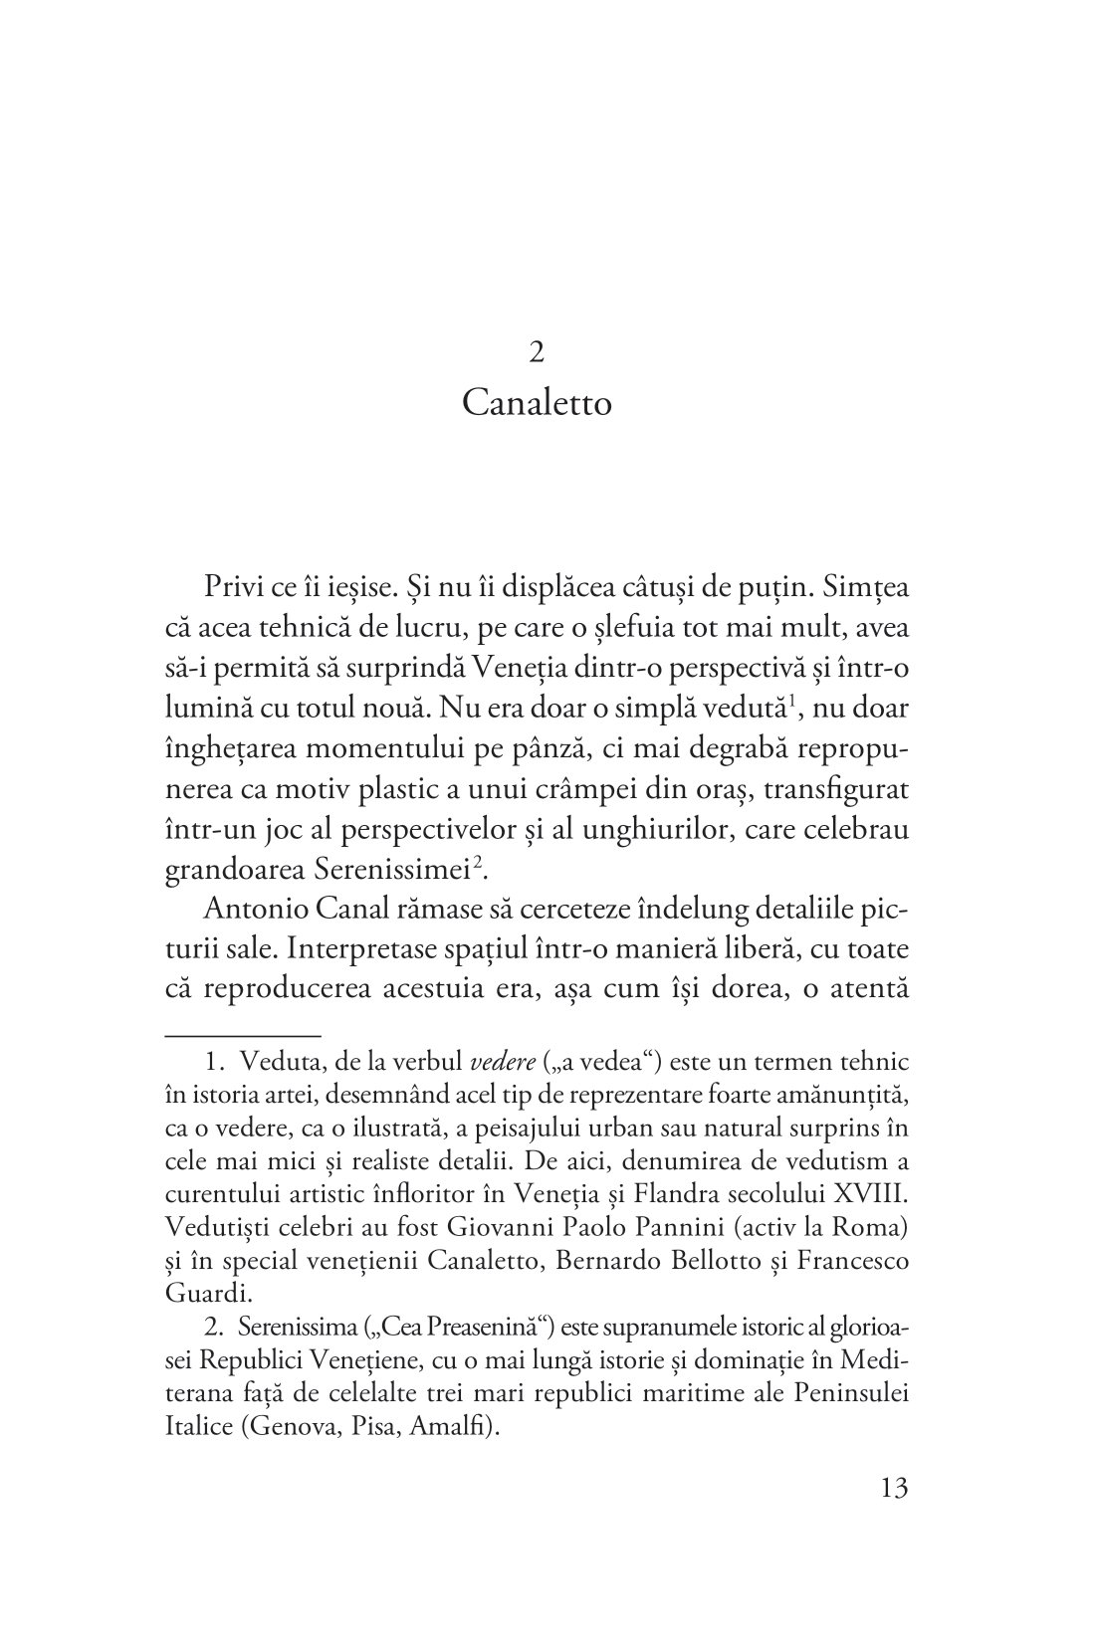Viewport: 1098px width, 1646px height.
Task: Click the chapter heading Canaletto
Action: coord(538,405)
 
